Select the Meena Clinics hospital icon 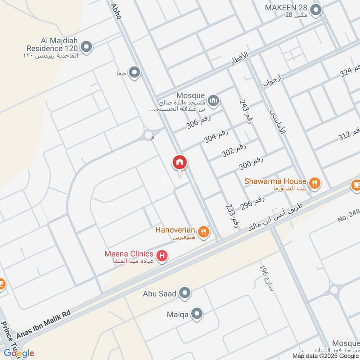162,257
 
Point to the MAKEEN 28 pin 316,9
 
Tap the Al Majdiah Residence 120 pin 86,45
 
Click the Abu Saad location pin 184,294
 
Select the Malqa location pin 197,314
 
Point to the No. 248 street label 349,216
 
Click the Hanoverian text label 175,230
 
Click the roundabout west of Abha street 148,135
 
